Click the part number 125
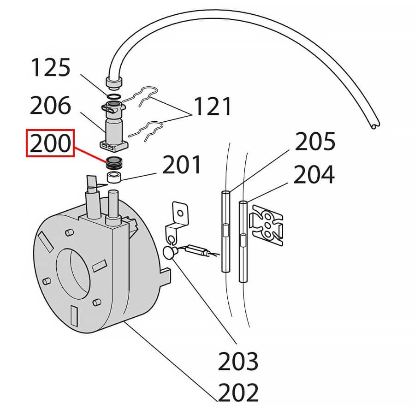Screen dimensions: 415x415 pyautogui.click(x=50, y=68)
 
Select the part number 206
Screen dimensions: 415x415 pyautogui.click(x=50, y=106)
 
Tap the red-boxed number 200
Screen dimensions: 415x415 pyautogui.click(x=50, y=145)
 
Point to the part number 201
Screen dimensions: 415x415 pyautogui.click(x=182, y=166)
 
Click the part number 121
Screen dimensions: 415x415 pyautogui.click(x=213, y=107)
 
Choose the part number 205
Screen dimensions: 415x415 pyautogui.click(x=315, y=142)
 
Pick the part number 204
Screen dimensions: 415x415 pyautogui.click(x=314, y=175)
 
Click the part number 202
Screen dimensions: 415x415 pyautogui.click(x=238, y=393)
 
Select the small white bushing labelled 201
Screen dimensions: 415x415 pyautogui.click(x=114, y=177)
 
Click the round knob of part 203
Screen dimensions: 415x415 pyautogui.click(x=169, y=253)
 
